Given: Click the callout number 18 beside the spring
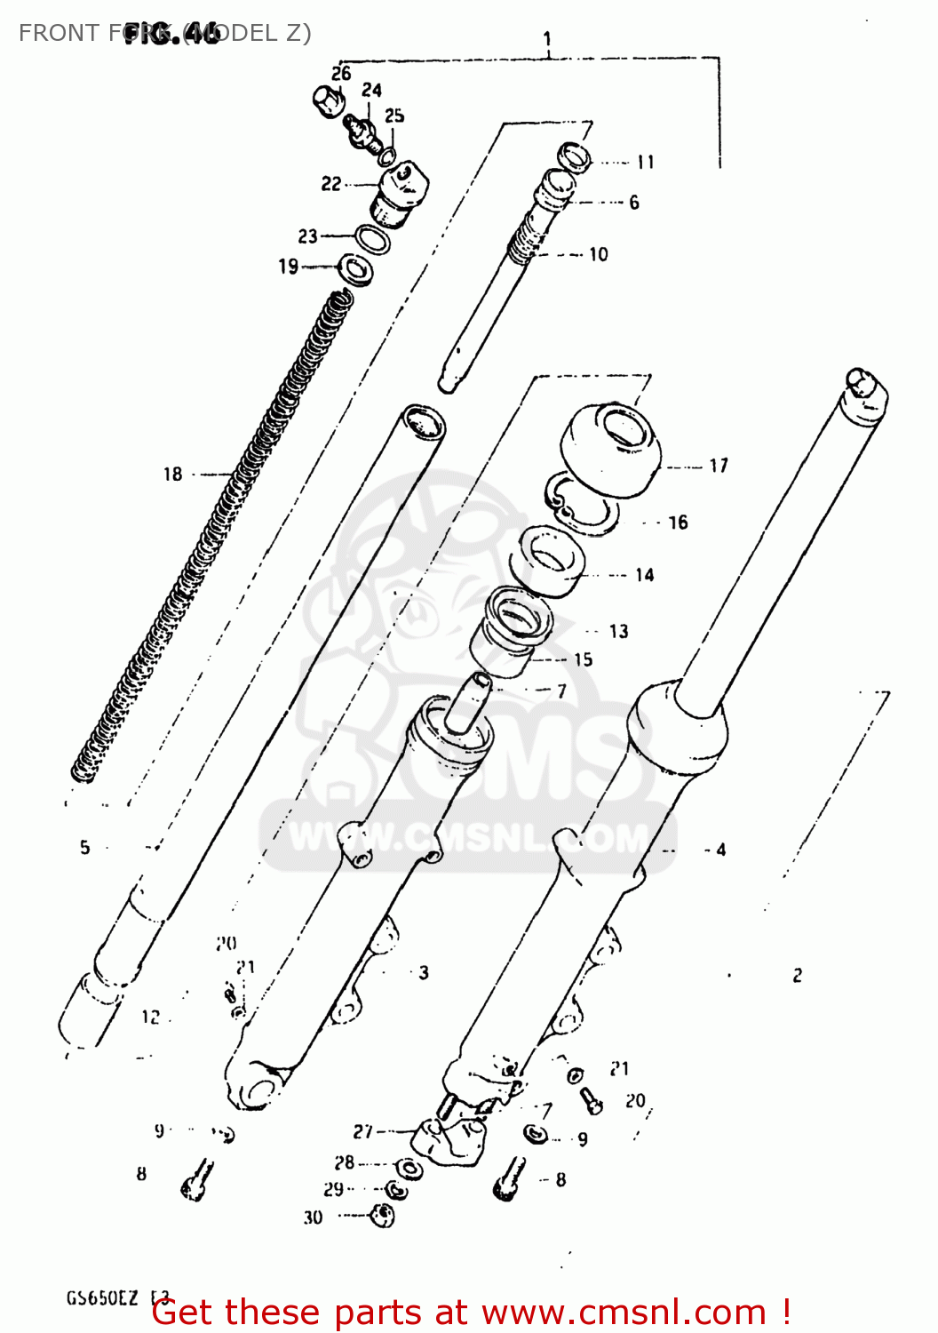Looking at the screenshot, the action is point(172,475).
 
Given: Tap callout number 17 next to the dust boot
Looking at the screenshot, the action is point(718,466).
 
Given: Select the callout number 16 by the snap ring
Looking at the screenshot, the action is point(678,523).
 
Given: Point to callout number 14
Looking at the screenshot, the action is point(644,576).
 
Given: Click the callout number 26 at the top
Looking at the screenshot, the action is point(341,74).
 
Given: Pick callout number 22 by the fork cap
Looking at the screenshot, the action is point(330,184).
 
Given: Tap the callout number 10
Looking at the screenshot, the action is point(599,255).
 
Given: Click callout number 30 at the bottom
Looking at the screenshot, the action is point(313,1217).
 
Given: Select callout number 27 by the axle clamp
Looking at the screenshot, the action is point(363,1131).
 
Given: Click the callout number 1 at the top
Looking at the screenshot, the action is point(547,39).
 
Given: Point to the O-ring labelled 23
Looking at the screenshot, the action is point(372,240).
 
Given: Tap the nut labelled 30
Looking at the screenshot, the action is point(382,1215).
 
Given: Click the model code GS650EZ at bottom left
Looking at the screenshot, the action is point(102,1298).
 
